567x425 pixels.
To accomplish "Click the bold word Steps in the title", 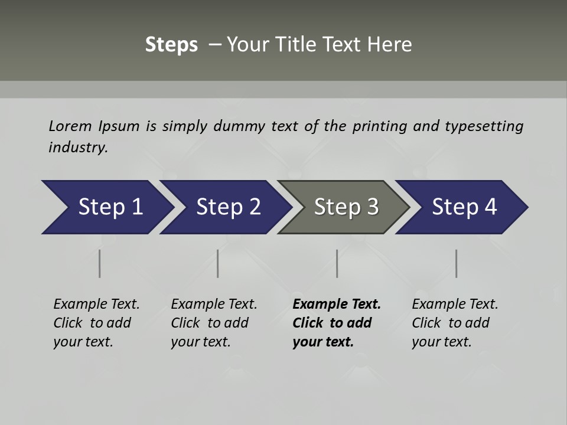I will point(171,45).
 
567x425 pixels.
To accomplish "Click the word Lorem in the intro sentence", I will point(70,126).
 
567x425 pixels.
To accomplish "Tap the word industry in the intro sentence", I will point(78,147).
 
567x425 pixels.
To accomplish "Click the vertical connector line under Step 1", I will point(100,263).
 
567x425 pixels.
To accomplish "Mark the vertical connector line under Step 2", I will point(218,263).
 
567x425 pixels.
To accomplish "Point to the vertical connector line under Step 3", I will point(337,263).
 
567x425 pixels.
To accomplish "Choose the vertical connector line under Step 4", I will point(456,263).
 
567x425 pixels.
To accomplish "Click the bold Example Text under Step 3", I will point(337,304).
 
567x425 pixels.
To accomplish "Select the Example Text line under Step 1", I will point(96,304).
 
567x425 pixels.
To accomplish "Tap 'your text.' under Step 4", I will point(441,342).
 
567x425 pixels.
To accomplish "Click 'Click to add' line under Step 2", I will point(210,323).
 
